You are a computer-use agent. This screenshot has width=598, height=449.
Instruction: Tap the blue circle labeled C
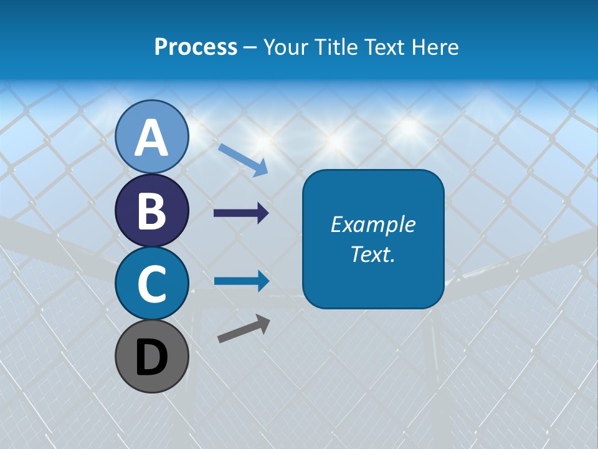pyautogui.click(x=152, y=283)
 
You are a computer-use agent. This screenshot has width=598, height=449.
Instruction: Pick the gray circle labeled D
pyautogui.click(x=152, y=356)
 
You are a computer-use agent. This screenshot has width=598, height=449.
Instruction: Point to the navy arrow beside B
pyautogui.click(x=241, y=213)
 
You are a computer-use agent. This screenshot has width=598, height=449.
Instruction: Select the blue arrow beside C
pyautogui.click(x=241, y=281)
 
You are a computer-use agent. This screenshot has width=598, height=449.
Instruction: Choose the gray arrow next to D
pyautogui.click(x=244, y=329)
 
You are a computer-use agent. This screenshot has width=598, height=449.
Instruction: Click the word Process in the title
pyautogui.click(x=196, y=47)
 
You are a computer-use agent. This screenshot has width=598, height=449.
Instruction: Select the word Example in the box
pyautogui.click(x=373, y=224)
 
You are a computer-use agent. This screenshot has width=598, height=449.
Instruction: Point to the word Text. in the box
pyautogui.click(x=373, y=254)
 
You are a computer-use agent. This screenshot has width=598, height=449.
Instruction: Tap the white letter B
pyautogui.click(x=152, y=210)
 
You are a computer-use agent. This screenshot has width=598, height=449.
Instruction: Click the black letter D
pyautogui.click(x=152, y=357)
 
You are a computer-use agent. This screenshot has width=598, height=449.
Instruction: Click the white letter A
pyautogui.click(x=152, y=138)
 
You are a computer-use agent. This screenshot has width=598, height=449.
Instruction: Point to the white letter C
pyautogui.click(x=152, y=284)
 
